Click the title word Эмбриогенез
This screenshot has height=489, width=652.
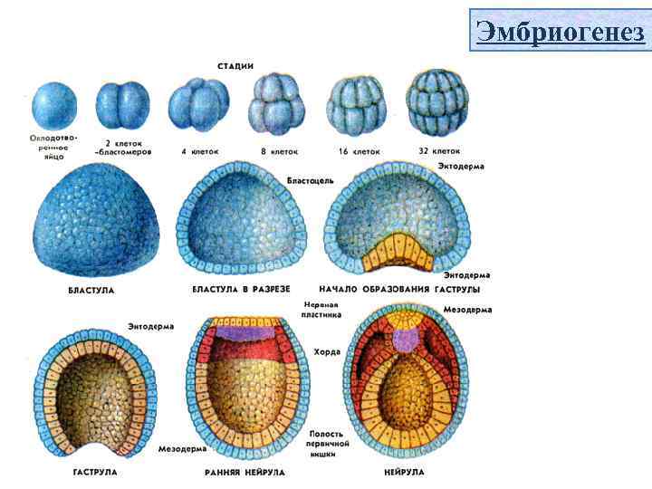pos(560,34)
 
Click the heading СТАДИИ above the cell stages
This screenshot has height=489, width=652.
pos(235,66)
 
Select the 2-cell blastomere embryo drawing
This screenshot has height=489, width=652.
pos(121,106)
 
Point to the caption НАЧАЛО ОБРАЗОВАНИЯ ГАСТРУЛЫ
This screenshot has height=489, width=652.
pos(399,289)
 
